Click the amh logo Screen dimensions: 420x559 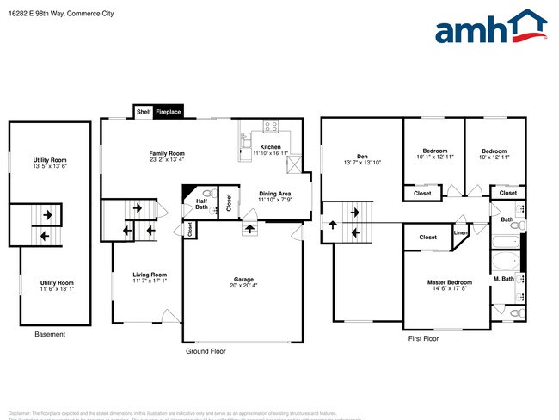[490, 28]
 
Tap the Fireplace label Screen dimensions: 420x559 [168, 112]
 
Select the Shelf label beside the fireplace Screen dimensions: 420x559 [143, 112]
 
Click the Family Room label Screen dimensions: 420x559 [167, 152]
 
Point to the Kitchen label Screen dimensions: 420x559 [270, 147]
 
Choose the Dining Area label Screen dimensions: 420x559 [274, 194]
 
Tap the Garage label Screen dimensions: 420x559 [243, 279]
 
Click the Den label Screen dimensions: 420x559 [361, 156]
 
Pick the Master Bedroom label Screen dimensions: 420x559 [450, 281]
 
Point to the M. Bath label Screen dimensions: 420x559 [503, 279]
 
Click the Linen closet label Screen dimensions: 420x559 [461, 232]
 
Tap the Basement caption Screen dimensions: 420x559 [49, 334]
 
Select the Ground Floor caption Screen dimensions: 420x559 [206, 351]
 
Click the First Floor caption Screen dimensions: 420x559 [423, 339]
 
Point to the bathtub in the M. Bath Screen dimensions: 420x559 [505, 262]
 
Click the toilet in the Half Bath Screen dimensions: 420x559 [207, 193]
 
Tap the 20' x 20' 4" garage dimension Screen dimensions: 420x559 [243, 286]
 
